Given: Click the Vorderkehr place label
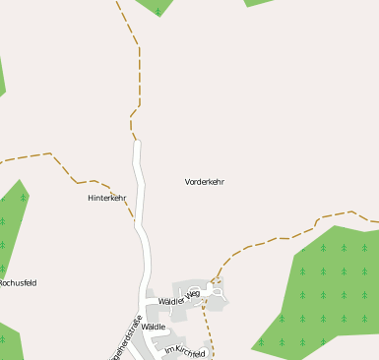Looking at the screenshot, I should [205, 182].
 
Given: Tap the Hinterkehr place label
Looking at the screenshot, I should [107, 198].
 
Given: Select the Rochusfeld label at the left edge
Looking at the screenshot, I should [18, 282].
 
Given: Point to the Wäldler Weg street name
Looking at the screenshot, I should [179, 297].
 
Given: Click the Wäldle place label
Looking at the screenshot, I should [154, 326].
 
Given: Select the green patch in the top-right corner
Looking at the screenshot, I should [258, 2].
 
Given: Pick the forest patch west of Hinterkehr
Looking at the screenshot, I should [13, 226].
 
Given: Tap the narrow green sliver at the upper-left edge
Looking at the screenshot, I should [2, 79].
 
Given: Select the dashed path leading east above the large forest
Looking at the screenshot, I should [295, 232].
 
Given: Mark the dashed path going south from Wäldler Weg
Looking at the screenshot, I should [208, 330].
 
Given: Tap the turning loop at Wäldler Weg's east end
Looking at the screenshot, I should [217, 291].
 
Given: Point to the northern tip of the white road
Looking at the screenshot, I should [137, 144].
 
